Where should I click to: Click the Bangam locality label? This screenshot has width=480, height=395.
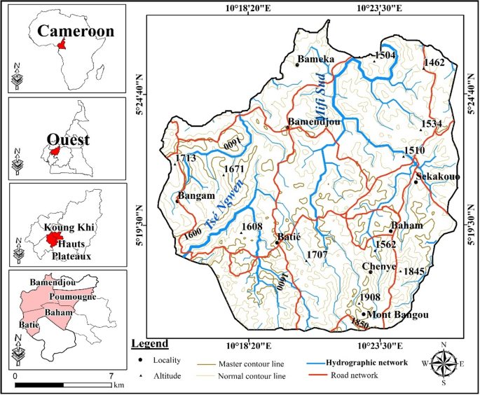(196, 195)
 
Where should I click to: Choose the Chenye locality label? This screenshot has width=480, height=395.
(380, 267)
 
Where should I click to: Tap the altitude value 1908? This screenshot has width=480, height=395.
(370, 297)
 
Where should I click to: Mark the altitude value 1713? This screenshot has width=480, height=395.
(186, 158)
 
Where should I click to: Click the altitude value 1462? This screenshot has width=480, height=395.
(434, 63)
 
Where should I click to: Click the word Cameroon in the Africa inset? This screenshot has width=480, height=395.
(66, 31)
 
